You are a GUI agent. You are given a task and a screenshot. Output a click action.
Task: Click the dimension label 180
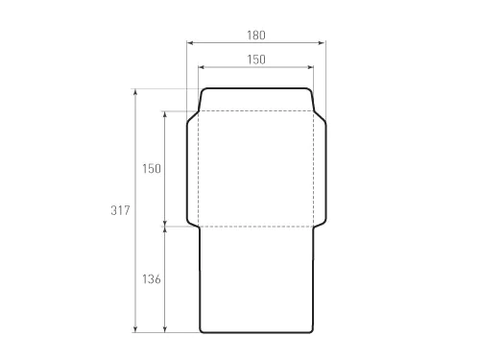256,36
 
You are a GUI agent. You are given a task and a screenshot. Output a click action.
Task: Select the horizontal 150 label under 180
256,60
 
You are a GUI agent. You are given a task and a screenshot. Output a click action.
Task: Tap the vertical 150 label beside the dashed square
152,169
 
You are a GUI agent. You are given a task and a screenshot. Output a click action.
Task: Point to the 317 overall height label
120,210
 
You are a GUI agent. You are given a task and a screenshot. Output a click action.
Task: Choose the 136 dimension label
152,279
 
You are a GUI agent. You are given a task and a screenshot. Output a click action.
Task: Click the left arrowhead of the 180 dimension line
190,43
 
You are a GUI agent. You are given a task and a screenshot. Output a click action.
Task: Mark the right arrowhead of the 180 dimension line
323,43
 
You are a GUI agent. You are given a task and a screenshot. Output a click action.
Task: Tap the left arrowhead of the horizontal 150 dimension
202,67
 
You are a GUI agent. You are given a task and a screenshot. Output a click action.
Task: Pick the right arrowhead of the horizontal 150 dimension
310,67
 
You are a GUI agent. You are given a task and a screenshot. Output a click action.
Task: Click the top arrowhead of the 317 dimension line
135,92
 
